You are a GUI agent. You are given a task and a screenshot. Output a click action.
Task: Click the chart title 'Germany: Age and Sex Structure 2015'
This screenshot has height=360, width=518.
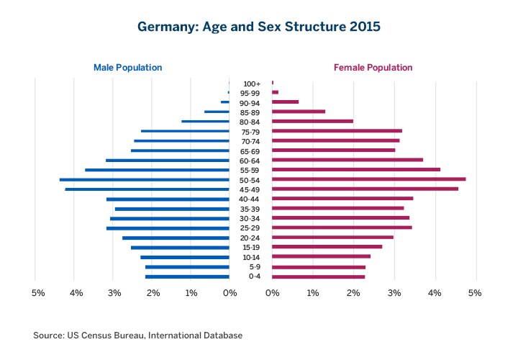[259, 26]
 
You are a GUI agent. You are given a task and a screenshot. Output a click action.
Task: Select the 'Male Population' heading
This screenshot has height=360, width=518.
[127, 68]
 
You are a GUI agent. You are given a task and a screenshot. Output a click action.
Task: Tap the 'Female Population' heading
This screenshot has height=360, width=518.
[373, 68]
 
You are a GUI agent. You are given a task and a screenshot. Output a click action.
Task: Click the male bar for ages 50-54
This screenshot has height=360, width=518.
[144, 179]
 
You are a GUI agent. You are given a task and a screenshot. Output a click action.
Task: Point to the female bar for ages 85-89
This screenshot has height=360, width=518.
[299, 112]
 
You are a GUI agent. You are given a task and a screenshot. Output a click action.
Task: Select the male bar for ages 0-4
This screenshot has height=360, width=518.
[187, 276]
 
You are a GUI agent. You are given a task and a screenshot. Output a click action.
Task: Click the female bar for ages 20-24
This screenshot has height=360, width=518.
[332, 238]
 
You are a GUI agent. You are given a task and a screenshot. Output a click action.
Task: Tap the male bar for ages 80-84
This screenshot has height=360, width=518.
[205, 122]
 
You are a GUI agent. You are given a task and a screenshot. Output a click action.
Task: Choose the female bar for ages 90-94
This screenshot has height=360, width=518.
[285, 102]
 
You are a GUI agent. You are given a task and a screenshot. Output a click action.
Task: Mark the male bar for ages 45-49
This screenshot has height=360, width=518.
[147, 189]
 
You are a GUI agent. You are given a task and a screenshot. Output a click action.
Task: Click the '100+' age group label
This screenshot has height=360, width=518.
[250, 84]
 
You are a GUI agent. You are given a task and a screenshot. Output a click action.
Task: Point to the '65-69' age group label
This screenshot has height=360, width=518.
[250, 150]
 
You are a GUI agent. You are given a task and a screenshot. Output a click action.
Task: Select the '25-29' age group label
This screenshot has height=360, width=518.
[250, 228]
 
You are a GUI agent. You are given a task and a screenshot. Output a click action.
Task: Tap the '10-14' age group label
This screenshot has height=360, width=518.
[250, 257]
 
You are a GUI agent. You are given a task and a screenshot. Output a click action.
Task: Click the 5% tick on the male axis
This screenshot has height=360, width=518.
[39, 293]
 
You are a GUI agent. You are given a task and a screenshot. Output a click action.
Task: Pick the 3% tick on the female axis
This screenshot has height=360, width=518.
[394, 293]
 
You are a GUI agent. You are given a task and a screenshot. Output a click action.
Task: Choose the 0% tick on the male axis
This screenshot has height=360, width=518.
[230, 293]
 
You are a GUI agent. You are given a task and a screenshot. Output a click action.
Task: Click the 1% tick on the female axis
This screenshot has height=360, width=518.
[312, 293]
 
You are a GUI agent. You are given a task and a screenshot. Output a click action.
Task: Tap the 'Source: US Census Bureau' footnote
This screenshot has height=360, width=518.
[137, 336]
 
